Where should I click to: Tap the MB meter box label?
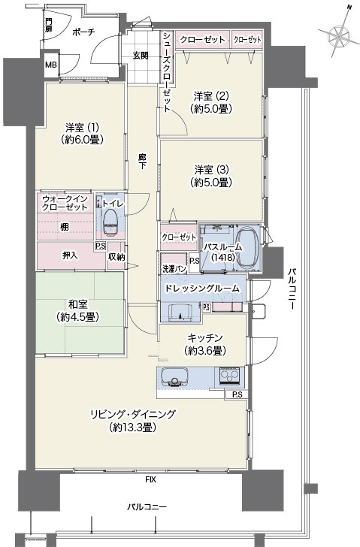click(51, 65)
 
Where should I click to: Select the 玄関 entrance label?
click(141, 56)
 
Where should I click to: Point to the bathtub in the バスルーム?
click(248, 248)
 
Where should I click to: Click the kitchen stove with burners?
click(229, 376)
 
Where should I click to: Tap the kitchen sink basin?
click(175, 377)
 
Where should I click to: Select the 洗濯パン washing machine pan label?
click(174, 269)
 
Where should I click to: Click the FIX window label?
click(151, 479)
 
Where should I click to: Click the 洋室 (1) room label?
click(82, 133)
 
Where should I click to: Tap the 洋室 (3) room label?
click(211, 176)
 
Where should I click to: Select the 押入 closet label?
click(70, 255)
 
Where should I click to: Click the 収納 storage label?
click(116, 257)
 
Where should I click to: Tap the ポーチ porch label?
click(83, 32)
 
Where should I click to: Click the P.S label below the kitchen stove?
click(237, 394)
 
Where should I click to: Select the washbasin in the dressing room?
click(180, 312)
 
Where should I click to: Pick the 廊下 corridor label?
click(142, 162)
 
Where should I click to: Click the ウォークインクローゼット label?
click(65, 203)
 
